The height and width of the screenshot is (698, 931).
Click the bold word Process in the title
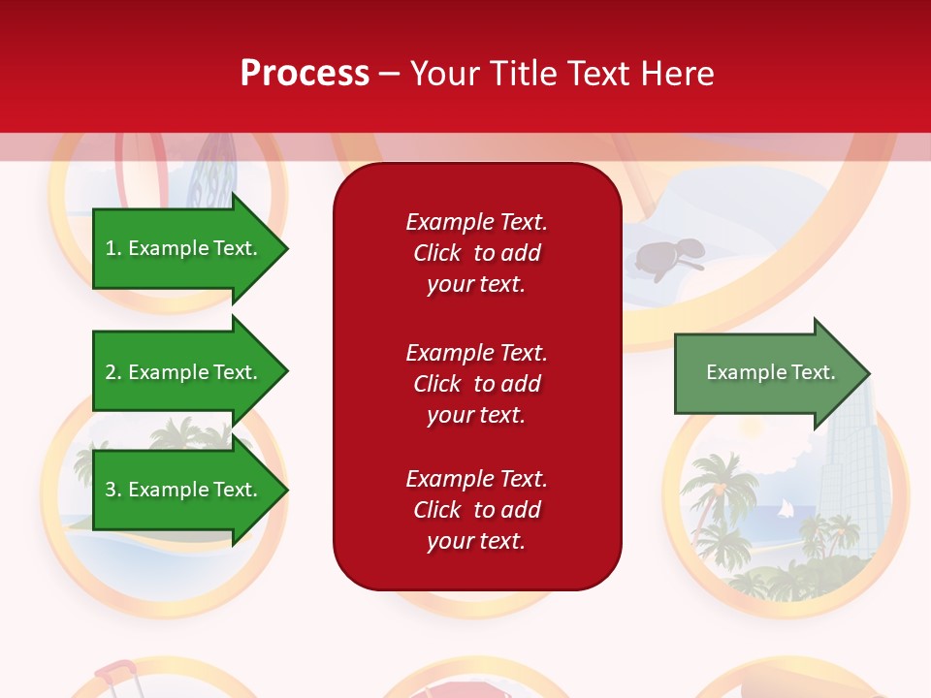coord(305,74)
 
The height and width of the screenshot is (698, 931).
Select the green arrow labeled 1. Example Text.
coord(184,248)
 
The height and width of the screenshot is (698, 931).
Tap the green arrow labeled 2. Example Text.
coord(184,372)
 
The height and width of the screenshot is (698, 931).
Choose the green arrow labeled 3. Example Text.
coord(184,490)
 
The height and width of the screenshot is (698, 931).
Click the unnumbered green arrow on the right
coord(766,373)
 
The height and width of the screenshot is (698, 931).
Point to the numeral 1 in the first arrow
coord(112,248)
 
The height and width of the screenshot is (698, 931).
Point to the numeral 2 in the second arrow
coord(112,372)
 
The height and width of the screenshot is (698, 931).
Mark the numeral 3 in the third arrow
coord(112,490)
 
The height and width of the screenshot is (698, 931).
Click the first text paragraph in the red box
coord(476,253)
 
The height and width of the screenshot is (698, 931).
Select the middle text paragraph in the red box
coord(476,384)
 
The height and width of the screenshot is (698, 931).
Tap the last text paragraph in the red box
coord(476,510)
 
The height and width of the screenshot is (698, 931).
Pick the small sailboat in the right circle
coord(785,510)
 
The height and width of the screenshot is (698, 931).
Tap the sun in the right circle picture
coord(753,428)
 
